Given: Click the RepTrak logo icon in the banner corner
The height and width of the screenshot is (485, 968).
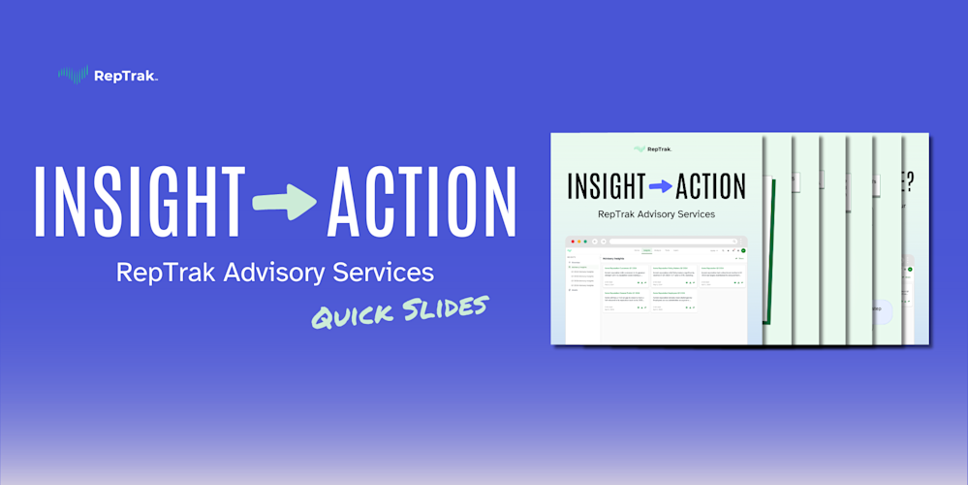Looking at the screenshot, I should pyautogui.click(x=74, y=74).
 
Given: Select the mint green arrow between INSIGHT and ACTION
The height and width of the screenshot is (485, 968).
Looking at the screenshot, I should pyautogui.click(x=284, y=202).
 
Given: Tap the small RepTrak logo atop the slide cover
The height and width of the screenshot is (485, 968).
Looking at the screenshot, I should pyautogui.click(x=652, y=149).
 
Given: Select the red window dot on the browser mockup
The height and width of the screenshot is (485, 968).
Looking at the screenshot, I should pyautogui.click(x=572, y=241).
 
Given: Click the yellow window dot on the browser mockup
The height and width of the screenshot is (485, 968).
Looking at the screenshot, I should pyautogui.click(x=578, y=241).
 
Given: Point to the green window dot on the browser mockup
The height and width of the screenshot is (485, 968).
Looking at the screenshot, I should pyautogui.click(x=585, y=241).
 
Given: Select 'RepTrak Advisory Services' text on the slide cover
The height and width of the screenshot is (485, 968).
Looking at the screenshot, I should pyautogui.click(x=657, y=213).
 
